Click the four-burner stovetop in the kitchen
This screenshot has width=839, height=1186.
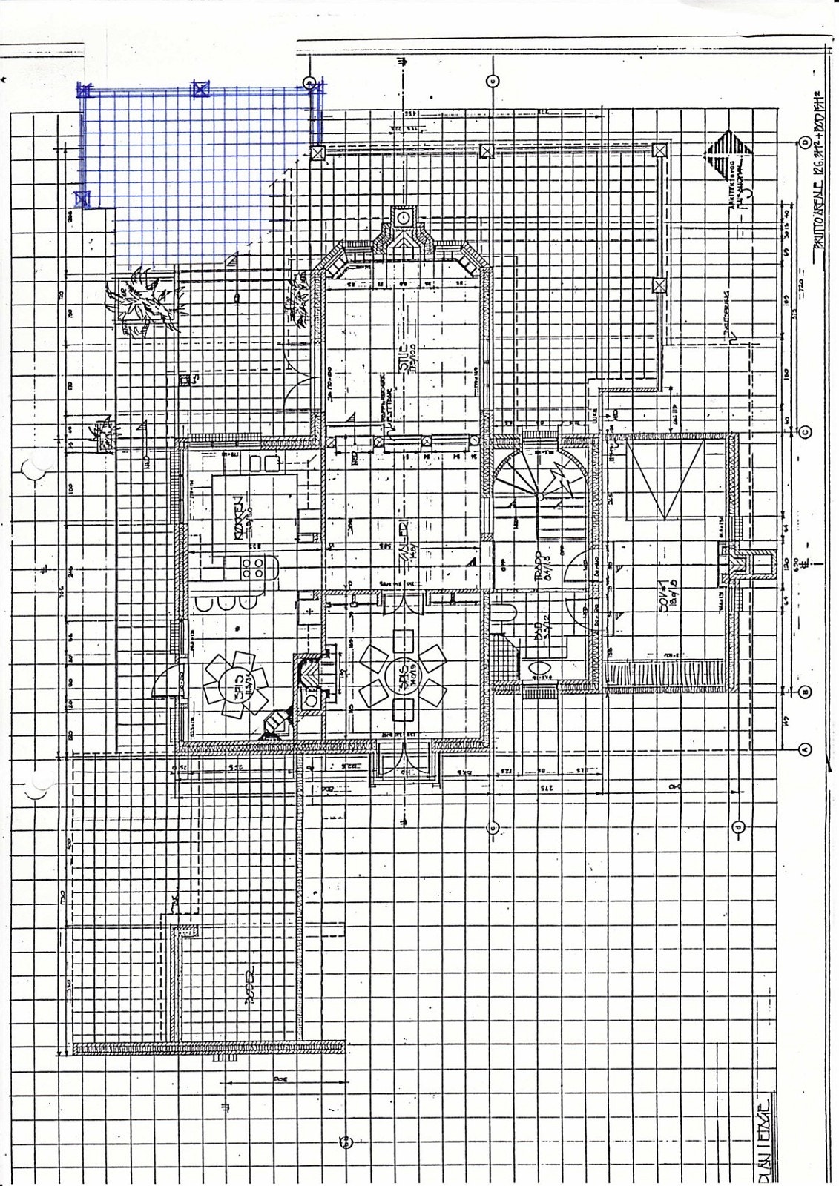(x=252, y=568)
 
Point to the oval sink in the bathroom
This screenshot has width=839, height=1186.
(x=534, y=669)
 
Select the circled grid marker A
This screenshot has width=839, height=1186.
(x=804, y=749)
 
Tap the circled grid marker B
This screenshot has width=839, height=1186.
(x=804, y=692)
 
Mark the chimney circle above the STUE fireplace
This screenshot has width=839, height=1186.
(x=402, y=217)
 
